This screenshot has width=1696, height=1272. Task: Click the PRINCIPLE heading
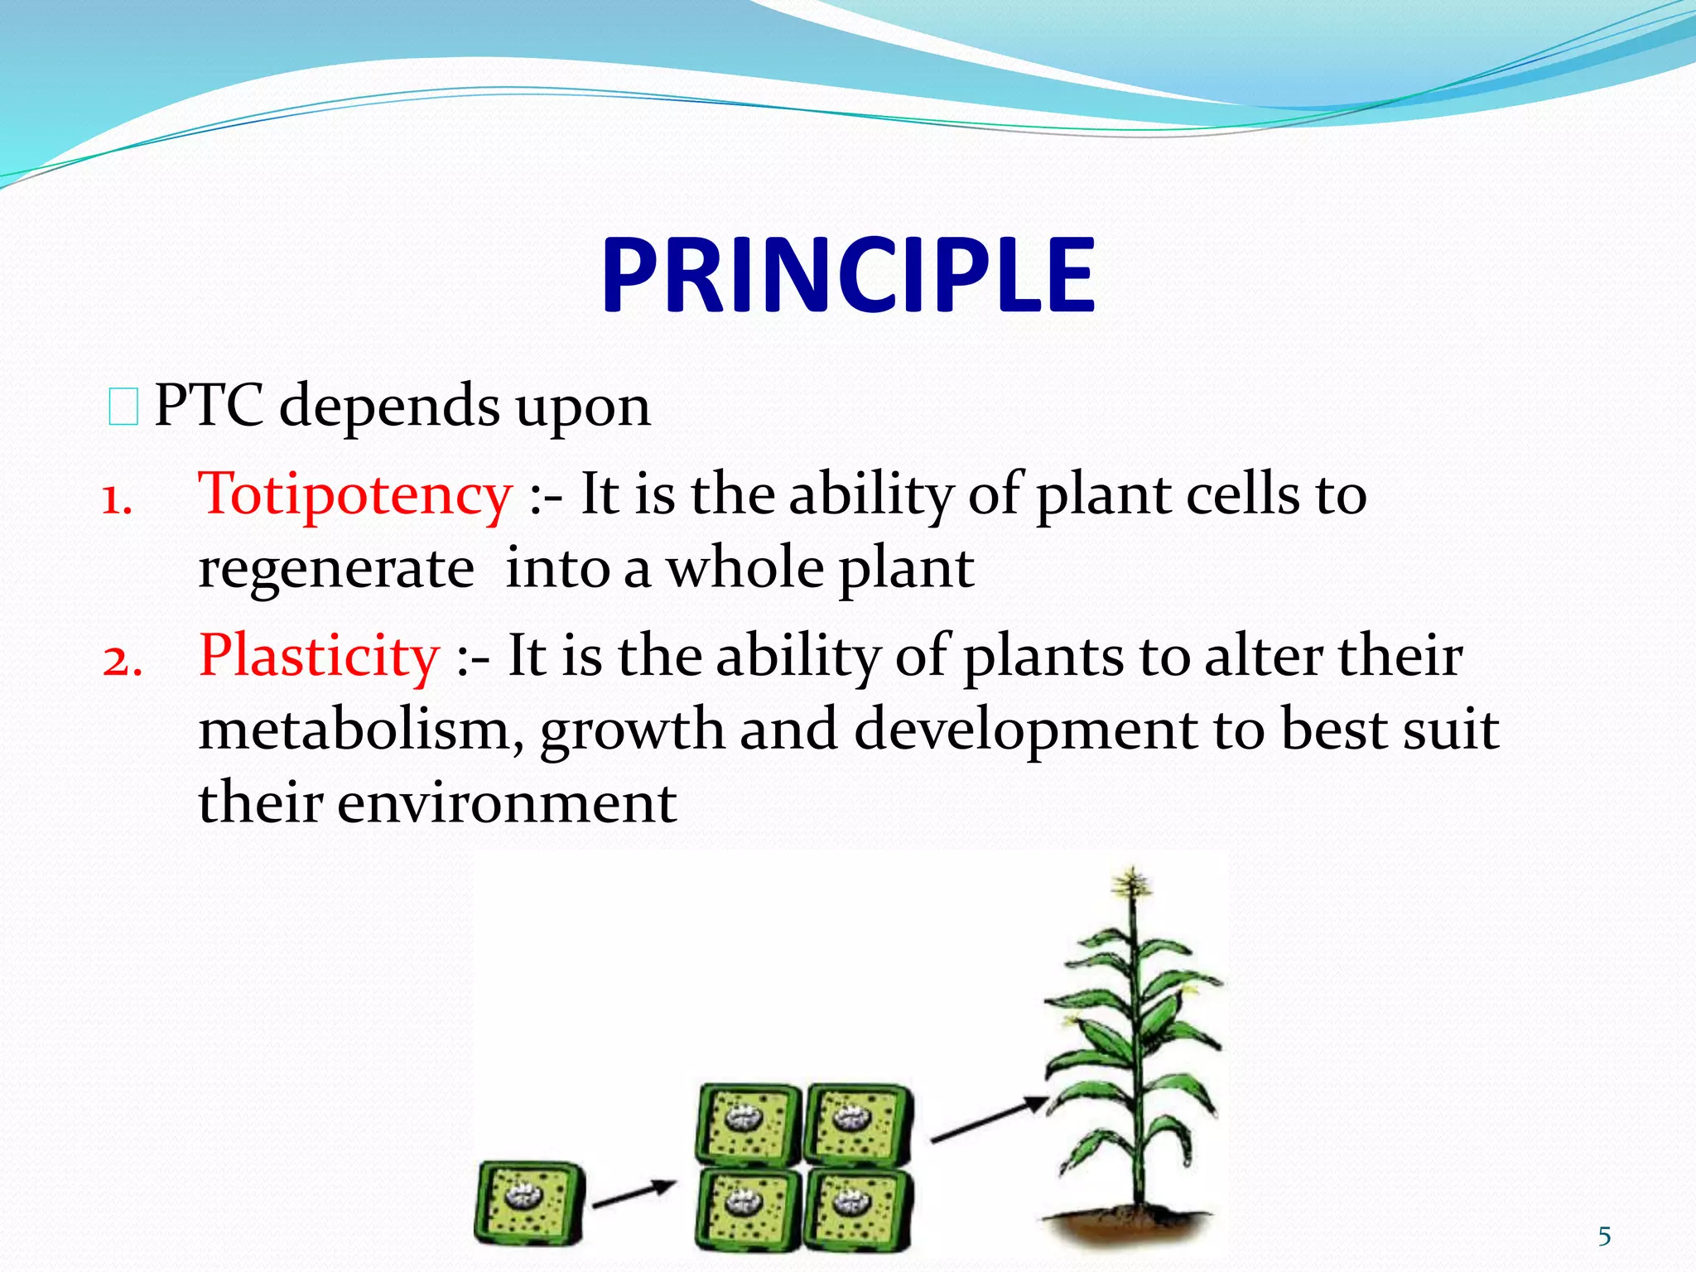[x=848, y=275]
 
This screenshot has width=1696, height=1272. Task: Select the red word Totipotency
[x=354, y=494]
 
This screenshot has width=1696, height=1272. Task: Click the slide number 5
[x=1604, y=1236]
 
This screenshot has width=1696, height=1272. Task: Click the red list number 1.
[x=116, y=500]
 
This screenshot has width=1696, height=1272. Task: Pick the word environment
[x=507, y=803]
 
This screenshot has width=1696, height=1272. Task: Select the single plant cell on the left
[x=529, y=1202]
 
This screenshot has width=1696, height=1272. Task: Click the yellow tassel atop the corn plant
[x=1131, y=884]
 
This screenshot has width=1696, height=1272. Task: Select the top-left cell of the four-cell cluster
[x=747, y=1123]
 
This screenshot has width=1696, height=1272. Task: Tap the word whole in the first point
[x=745, y=570]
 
